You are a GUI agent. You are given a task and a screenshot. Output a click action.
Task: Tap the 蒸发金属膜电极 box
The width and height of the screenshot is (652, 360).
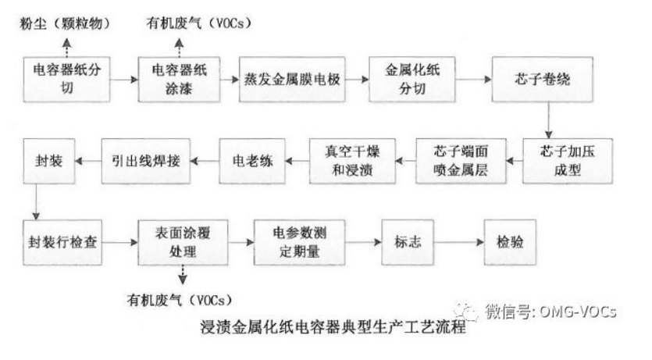[294, 78]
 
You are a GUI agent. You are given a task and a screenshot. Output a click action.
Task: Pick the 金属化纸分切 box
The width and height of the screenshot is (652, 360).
[412, 78]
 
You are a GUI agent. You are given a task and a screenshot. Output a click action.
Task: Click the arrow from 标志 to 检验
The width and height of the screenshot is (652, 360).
[459, 243]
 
